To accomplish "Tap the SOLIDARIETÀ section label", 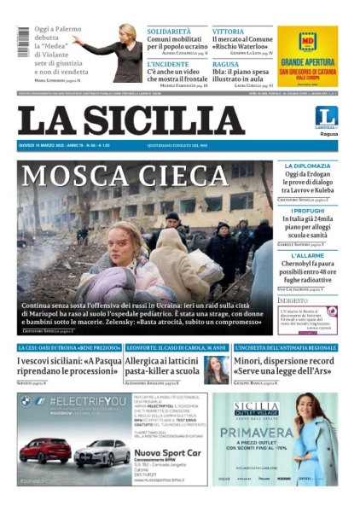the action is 169,31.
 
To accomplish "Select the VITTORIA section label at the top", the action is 228,31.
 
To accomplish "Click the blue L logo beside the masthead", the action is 327,116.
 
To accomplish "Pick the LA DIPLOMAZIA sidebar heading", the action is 307,166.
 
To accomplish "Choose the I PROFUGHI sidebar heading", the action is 308,210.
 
